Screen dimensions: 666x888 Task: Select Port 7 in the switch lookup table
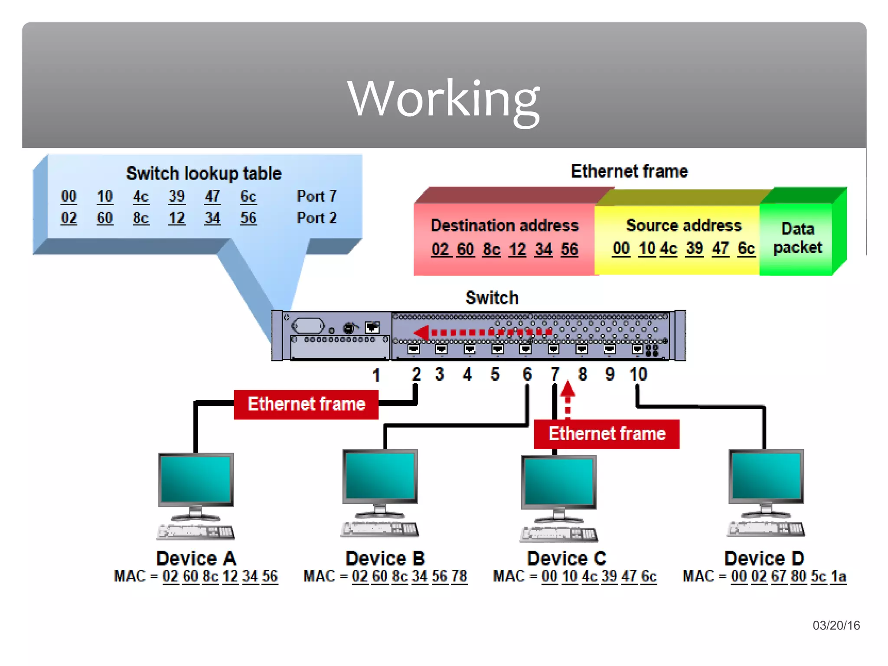317,196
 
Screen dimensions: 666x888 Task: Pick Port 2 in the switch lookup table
317,218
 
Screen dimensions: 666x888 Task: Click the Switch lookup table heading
204,173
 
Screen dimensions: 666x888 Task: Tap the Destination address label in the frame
504,225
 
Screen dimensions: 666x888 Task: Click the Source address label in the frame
684,225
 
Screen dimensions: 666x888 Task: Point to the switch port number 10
638,374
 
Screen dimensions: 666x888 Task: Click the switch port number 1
376,375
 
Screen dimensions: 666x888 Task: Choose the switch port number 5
495,374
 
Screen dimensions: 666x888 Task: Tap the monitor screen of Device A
196,479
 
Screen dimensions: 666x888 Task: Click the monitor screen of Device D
766,476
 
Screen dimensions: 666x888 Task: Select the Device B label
385,558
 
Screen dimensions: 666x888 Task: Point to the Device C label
566,558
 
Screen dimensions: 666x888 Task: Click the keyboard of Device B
380,529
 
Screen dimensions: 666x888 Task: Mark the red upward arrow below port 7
568,390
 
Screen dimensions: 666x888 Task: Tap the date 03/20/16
836,625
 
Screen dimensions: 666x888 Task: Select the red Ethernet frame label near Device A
306,404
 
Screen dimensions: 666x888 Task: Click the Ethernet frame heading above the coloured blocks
629,171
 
